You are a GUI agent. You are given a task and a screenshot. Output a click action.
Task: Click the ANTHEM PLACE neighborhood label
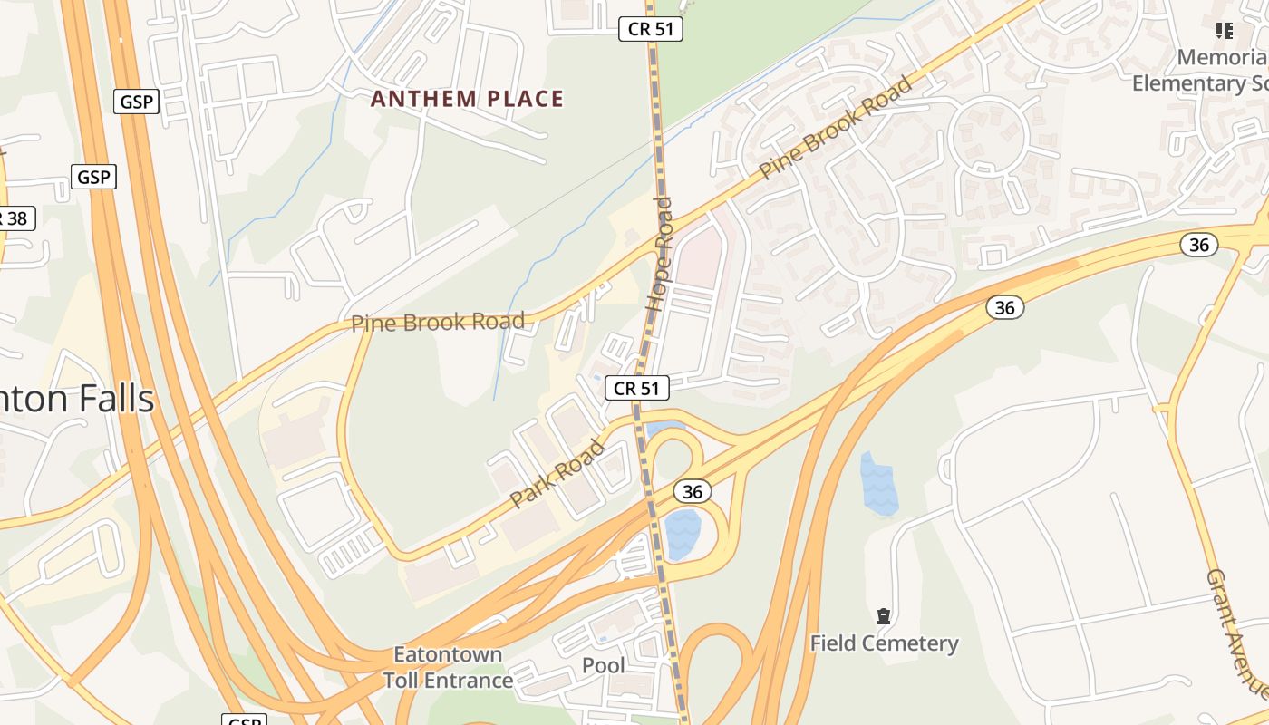click(x=467, y=99)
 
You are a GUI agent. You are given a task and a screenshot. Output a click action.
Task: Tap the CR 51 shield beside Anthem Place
click(x=651, y=29)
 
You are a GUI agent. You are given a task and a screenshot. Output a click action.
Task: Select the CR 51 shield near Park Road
click(x=636, y=389)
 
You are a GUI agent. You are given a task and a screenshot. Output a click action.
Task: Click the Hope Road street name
click(x=660, y=255)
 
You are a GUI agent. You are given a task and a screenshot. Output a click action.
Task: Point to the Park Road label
click(x=557, y=473)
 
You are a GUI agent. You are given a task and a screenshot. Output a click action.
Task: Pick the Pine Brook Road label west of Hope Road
click(x=438, y=322)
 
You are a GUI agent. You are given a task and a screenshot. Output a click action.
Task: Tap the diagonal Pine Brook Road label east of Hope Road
click(x=835, y=128)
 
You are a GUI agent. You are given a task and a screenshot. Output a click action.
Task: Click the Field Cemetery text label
click(x=883, y=643)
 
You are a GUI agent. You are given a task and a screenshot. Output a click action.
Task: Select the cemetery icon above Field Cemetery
click(x=883, y=616)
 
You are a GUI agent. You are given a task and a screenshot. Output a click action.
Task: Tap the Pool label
click(x=603, y=666)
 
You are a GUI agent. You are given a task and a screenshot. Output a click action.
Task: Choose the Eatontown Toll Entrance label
click(x=448, y=667)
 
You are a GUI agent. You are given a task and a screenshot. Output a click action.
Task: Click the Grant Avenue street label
click(x=1235, y=634)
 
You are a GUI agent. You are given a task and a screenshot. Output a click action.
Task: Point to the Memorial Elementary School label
click(x=1201, y=71)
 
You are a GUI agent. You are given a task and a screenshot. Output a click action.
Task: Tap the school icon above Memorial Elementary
click(x=1225, y=32)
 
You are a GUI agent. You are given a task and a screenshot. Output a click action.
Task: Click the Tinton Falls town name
click(x=77, y=399)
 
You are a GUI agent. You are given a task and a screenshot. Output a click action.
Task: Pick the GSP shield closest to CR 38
click(x=93, y=177)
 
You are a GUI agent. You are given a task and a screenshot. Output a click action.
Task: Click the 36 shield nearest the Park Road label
click(x=692, y=491)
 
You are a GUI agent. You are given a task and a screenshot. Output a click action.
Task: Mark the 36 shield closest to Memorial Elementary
click(x=1199, y=245)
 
